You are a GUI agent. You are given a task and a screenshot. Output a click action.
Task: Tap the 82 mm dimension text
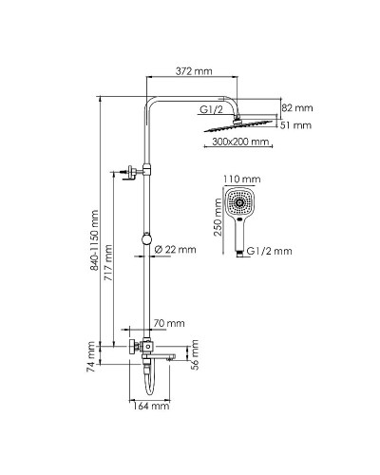point(298,108)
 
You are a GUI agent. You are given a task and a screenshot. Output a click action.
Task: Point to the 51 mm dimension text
point(298,125)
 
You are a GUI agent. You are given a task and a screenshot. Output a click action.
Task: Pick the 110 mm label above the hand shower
point(247,180)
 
